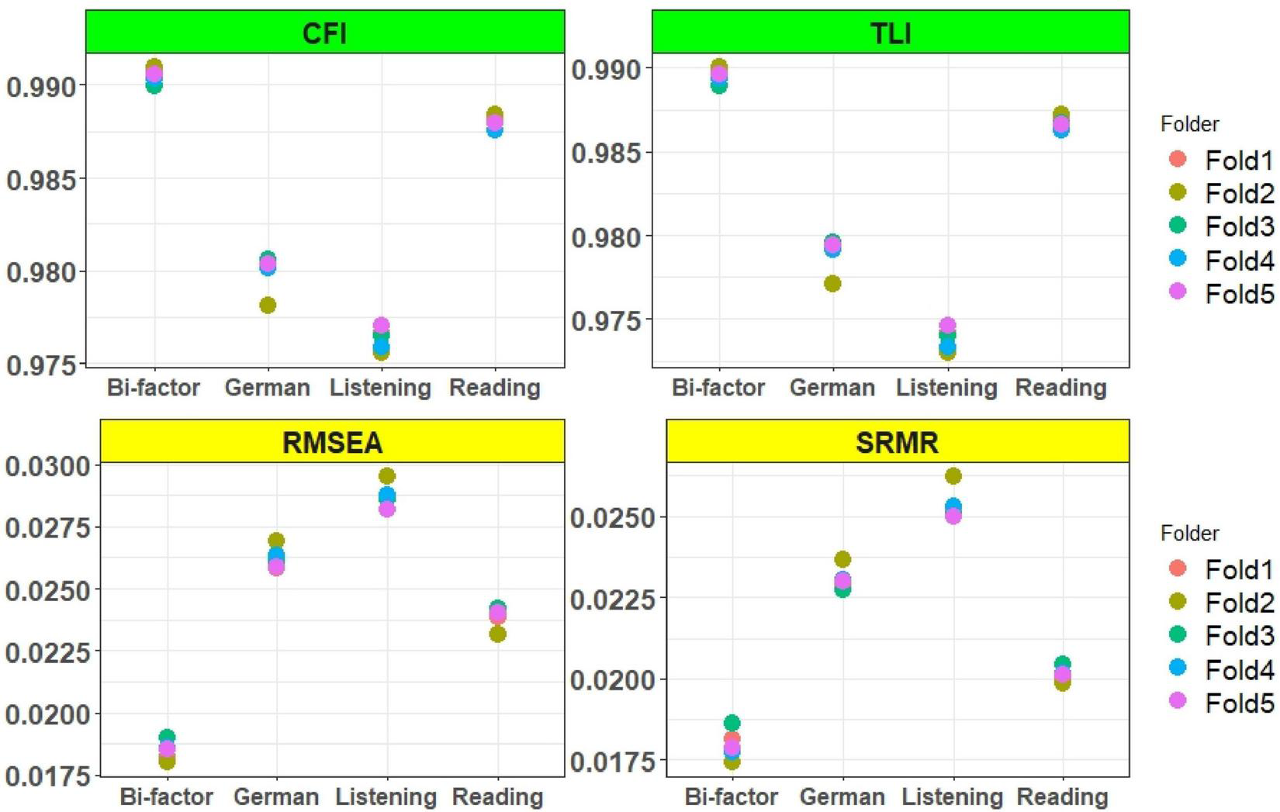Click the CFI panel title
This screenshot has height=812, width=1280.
(x=324, y=33)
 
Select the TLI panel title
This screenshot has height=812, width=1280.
(x=890, y=33)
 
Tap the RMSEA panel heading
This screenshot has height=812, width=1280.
(x=332, y=442)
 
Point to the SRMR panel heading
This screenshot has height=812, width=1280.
(x=897, y=442)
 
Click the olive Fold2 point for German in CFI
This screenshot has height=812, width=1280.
(x=268, y=306)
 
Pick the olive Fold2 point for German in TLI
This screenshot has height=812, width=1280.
(x=832, y=284)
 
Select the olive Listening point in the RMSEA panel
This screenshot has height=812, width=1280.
(x=387, y=476)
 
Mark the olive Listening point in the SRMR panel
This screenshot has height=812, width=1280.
(x=953, y=476)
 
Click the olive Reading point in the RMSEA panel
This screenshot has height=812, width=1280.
(x=498, y=634)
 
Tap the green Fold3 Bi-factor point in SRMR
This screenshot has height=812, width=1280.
(x=732, y=723)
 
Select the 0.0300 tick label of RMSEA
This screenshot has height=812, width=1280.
(x=48, y=467)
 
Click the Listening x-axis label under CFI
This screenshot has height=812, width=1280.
(x=380, y=388)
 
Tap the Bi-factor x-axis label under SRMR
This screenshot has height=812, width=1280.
(x=731, y=796)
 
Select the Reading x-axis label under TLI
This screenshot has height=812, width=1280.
(x=1060, y=388)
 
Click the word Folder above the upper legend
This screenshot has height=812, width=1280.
(x=1189, y=124)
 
